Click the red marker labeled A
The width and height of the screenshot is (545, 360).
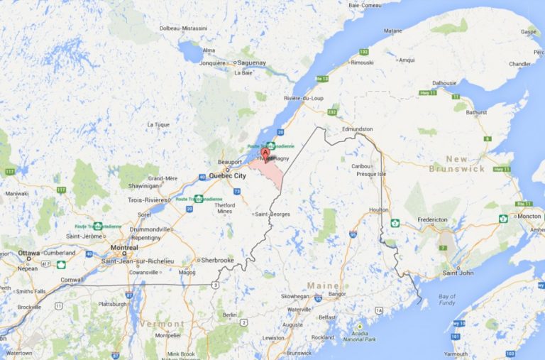tap(266, 151)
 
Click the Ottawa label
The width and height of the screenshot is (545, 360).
tap(29, 253)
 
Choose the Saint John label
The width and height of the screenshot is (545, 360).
tap(457, 273)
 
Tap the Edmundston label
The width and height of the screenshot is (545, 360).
tap(356, 129)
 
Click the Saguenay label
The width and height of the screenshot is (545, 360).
tap(252, 62)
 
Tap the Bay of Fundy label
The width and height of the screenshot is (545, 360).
tap(446, 299)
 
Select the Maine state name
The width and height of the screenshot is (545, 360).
tap(322, 285)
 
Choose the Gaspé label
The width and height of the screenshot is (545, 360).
tap(529, 32)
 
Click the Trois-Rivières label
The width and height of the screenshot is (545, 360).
tap(146, 200)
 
